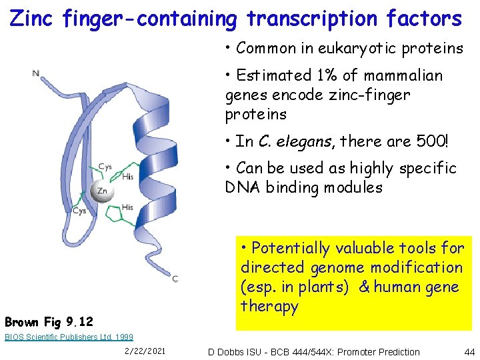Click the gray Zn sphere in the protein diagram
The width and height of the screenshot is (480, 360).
[101, 191]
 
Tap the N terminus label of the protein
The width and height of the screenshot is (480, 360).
[35, 73]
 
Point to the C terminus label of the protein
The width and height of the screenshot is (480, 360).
[175, 279]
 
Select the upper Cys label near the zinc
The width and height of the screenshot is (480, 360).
[105, 167]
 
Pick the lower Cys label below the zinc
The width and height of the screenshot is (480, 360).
[79, 211]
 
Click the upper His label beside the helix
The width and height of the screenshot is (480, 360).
[128, 177]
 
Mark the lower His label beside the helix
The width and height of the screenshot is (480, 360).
[127, 207]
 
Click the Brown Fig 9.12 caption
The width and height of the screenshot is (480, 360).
[49, 321]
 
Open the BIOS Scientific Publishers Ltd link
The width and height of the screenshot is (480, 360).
[69, 337]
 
